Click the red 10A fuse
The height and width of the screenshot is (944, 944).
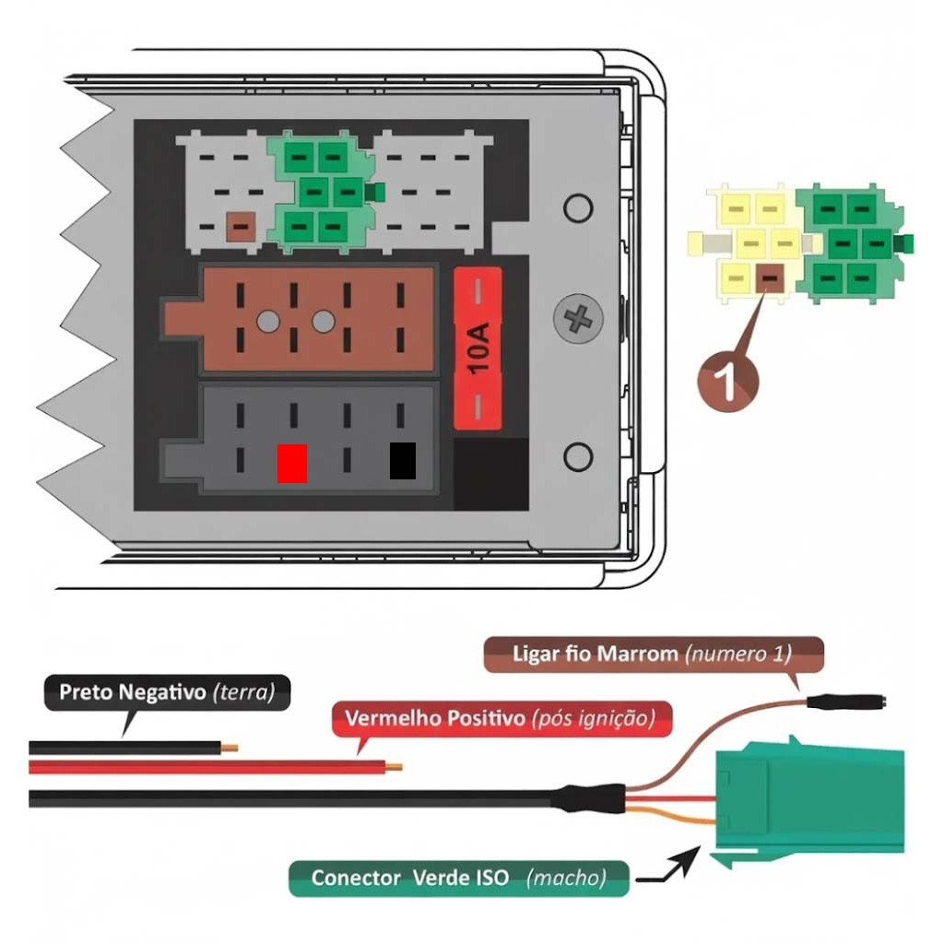click(478, 349)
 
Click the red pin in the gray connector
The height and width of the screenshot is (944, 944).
click(291, 463)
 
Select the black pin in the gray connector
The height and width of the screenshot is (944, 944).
click(402, 461)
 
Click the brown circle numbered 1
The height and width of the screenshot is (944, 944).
click(727, 381)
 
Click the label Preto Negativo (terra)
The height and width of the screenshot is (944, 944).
click(167, 692)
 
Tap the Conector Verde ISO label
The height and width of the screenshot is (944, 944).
click(458, 878)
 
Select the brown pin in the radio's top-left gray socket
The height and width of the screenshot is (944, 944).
click(241, 226)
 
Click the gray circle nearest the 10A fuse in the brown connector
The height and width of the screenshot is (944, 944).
click(323, 321)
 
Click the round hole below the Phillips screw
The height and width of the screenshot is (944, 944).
click(578, 454)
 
